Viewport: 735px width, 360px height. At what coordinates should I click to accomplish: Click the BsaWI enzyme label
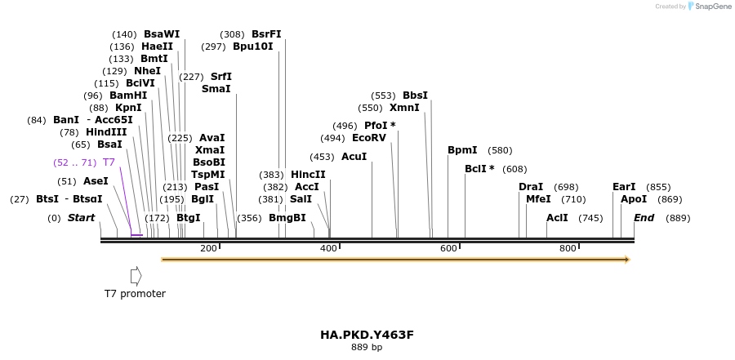pos(161,34)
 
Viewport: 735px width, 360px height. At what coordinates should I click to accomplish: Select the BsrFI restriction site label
pos(266,34)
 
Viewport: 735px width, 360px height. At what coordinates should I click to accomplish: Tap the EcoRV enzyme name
pos(368,138)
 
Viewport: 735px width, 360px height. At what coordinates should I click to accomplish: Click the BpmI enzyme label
pos(462,150)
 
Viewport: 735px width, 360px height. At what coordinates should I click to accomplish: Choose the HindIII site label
pos(106,132)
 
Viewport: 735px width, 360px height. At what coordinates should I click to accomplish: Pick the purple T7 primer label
pos(109,162)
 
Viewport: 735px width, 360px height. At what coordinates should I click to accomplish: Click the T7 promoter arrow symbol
pos(136,276)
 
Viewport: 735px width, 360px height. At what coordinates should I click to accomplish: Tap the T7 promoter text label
pos(135,294)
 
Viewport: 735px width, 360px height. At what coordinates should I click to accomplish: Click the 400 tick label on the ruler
pos(328,248)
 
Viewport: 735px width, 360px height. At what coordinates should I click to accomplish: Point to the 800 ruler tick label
pos(568,248)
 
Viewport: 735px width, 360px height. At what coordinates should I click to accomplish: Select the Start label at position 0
pos(81,218)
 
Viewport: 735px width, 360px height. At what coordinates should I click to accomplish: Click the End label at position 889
pos(644,218)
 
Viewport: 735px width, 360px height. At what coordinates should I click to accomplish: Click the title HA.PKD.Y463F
pos(367,335)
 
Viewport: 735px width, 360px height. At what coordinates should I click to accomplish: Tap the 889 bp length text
pos(367,348)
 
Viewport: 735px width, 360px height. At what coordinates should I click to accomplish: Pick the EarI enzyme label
pos(624,187)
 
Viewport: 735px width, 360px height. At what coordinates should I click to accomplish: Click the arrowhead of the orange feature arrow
pos(627,260)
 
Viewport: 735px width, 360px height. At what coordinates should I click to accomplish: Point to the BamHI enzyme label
pos(128,96)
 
